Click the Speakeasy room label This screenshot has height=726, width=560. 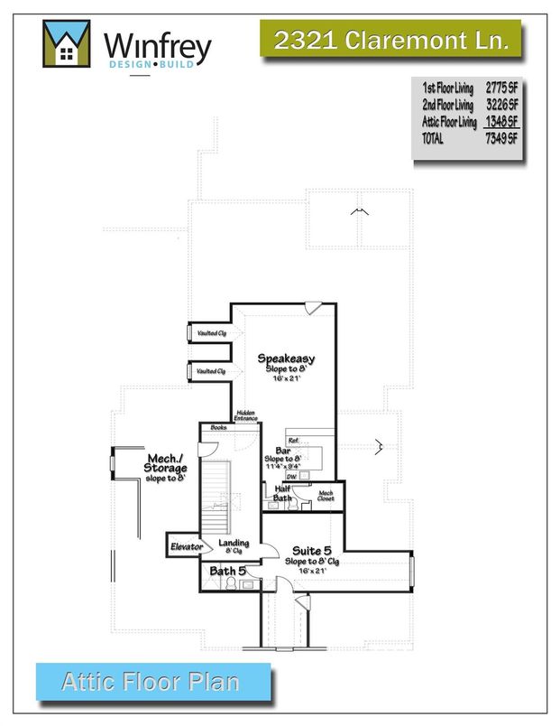click(x=285, y=358)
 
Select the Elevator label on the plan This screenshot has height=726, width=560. click(x=188, y=546)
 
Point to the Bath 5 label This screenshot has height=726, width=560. click(x=228, y=571)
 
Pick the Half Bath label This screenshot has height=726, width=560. click(x=282, y=492)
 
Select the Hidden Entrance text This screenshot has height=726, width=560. click(x=246, y=416)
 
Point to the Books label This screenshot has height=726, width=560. click(x=217, y=427)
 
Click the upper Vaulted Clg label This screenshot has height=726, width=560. click(x=210, y=333)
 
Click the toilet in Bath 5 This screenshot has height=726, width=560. click(x=247, y=583)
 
